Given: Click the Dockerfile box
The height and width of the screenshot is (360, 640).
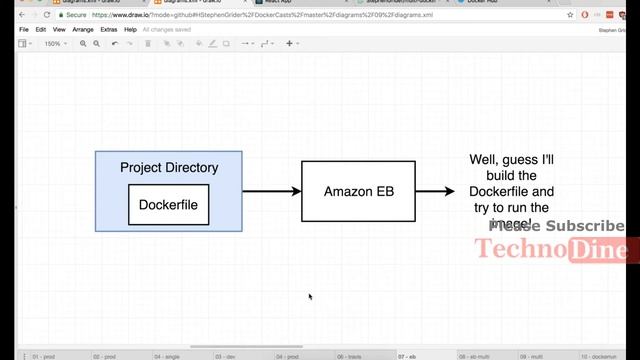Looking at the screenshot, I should point(168,204).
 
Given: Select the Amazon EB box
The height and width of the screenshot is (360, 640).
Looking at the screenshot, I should point(358,190).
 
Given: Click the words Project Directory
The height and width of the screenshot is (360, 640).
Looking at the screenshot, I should point(168,167).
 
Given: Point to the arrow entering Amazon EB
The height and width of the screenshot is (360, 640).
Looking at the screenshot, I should point(271,191).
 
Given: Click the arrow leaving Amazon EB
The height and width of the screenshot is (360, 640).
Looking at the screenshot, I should point(434,191).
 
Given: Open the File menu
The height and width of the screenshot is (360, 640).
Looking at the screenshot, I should point(24,30).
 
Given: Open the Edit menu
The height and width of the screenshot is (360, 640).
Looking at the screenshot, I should point(41,30).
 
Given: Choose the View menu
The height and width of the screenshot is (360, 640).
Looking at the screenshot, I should point(59,30).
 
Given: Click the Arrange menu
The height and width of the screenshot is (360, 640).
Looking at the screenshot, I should point(83,30).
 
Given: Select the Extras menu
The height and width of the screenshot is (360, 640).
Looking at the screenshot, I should point(108,30).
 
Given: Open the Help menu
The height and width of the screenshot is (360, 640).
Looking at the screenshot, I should point(130,30).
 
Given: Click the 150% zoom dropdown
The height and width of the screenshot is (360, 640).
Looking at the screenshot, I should point(54,44).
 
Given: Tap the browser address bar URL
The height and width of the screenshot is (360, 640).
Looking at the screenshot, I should point(250,16).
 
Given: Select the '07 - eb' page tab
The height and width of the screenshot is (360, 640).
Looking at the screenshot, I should point(406,356).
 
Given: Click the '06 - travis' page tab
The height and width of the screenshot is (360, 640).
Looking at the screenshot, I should point(348,356).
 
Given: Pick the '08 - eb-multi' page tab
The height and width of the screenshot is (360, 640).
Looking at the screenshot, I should point(474,356).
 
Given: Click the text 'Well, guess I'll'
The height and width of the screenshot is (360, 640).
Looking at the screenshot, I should point(512,159).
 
